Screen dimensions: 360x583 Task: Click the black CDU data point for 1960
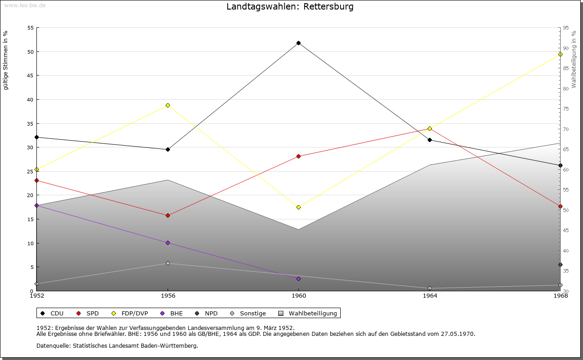point(298,43)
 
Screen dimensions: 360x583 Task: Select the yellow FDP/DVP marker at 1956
point(168,105)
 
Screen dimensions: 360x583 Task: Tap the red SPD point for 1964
point(430,128)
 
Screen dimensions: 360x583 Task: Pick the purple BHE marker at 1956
point(168,243)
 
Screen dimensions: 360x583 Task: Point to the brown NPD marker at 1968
point(560,264)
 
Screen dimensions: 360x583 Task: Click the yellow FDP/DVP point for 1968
point(560,55)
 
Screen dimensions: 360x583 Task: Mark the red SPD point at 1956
point(168,215)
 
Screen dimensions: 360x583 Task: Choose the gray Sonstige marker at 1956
point(168,263)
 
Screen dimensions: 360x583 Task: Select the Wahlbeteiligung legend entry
point(308,313)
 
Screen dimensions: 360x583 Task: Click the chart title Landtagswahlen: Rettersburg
point(290,7)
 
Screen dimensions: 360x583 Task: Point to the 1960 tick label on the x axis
point(298,296)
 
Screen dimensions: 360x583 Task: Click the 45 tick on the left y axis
point(31,76)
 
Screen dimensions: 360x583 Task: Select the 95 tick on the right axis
point(566,28)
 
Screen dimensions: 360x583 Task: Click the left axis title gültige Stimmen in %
point(6,60)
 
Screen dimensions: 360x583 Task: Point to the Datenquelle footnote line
point(117,346)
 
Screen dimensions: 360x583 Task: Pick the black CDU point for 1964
point(430,140)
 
